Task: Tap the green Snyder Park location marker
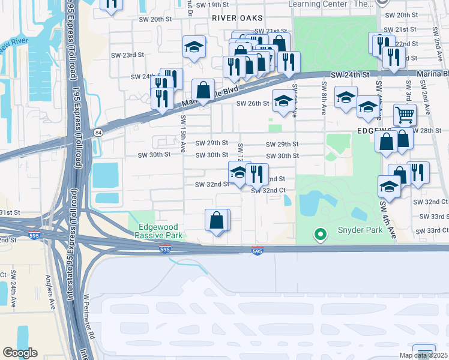pos(321,234)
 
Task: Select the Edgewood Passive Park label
pos(160,232)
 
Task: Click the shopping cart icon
pos(405,114)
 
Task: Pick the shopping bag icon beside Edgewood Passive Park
pos(217,220)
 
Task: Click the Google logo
pos(20,353)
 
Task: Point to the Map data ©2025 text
pos(424,355)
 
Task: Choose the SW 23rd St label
pos(128,55)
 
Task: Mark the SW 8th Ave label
pos(324,98)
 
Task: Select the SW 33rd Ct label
pos(434,230)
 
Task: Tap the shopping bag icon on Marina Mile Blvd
pos(203,91)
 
